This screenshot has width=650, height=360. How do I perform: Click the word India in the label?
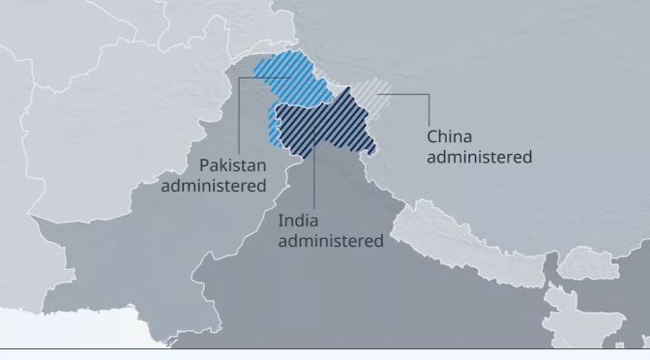pyautogui.click(x=297, y=220)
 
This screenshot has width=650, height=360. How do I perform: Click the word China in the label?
pyautogui.click(x=451, y=135)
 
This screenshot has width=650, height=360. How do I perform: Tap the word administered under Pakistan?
pyautogui.click(x=213, y=185)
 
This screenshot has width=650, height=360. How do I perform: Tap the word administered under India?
pyautogui.click(x=330, y=240)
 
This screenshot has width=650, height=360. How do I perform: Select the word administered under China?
pyautogui.click(x=479, y=156)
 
